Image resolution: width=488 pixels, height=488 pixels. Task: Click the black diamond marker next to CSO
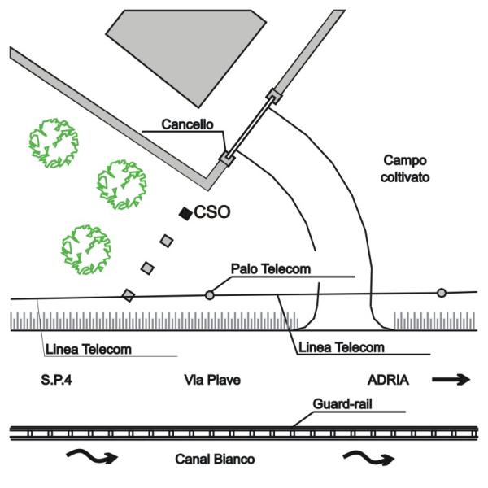[185, 213]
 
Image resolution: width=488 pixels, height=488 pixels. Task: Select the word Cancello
[186, 125]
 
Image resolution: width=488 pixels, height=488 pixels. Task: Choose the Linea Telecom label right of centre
[341, 347]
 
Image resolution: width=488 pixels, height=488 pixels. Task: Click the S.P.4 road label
[57, 379]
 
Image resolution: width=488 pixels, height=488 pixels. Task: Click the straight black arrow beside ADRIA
[451, 379]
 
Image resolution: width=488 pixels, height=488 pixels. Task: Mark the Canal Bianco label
[216, 460]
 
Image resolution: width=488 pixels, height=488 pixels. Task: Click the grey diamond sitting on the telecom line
[129, 295]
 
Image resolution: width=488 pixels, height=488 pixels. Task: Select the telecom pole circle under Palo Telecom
[209, 295]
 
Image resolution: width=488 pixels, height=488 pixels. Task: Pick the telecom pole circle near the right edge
[442, 293]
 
